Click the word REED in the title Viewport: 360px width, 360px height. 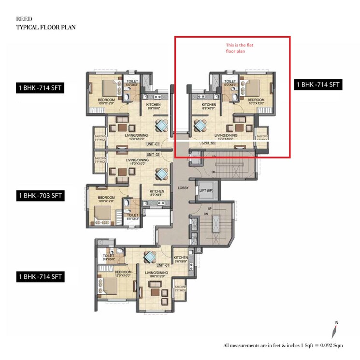(24, 19)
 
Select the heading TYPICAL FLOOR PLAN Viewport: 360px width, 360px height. (46, 27)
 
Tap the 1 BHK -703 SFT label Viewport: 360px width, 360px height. (41, 196)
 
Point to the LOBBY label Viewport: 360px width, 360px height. (183, 187)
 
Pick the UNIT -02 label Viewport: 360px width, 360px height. (153, 154)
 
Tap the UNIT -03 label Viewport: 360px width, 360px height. (153, 144)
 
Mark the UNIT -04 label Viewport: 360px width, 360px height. (209, 143)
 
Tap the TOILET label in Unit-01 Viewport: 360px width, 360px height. (108, 256)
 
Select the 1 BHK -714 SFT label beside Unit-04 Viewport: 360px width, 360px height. (318, 85)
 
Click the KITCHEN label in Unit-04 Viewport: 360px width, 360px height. (209, 105)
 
